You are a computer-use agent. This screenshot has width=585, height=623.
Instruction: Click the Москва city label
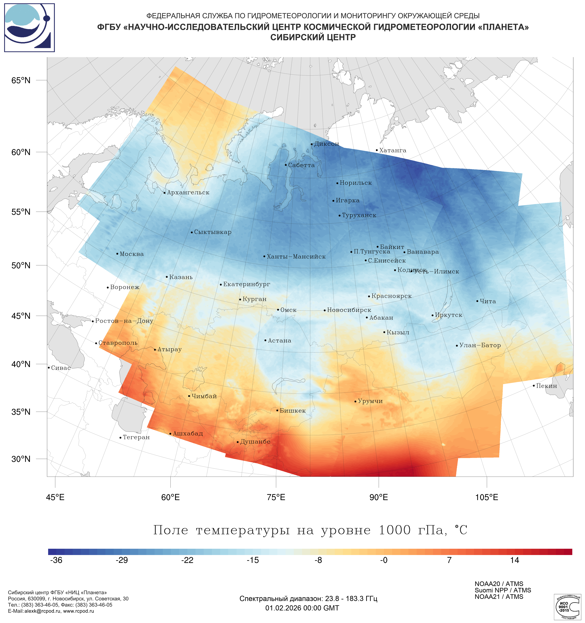(x=132, y=254)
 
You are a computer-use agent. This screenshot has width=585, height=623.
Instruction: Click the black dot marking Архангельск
(x=165, y=193)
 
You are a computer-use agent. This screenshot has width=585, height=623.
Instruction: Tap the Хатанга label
(x=393, y=150)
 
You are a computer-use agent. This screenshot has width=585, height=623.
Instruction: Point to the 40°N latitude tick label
(x=21, y=364)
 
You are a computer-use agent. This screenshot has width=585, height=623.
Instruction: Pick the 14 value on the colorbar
(x=514, y=560)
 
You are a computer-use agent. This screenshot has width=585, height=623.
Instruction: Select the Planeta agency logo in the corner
(x=29, y=28)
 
